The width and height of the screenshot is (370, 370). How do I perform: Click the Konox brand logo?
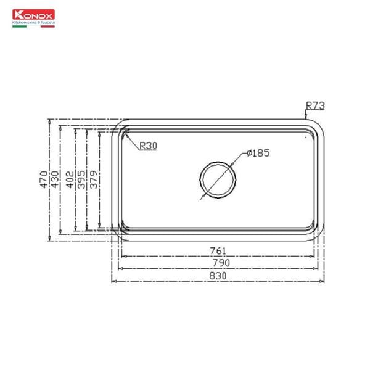point(34,14)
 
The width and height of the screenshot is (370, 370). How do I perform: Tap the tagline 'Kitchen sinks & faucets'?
point(34,22)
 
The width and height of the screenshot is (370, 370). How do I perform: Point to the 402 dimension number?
point(70,178)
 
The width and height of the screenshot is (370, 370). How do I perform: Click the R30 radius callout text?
point(148,146)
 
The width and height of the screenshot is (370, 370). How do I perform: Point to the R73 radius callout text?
point(315,106)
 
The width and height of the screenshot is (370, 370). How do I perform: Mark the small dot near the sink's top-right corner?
point(304,138)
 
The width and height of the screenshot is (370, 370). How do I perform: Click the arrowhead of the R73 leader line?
point(306,116)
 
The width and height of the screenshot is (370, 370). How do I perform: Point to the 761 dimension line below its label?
point(185,256)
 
